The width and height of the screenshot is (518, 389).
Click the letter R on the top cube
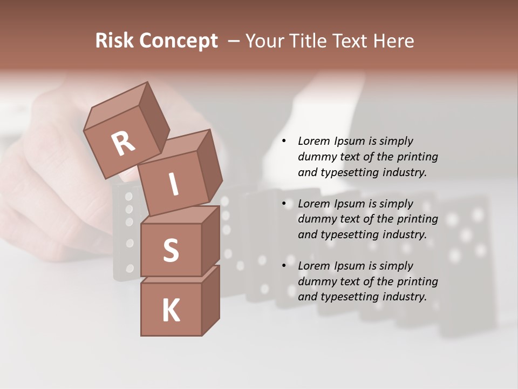click(x=123, y=144)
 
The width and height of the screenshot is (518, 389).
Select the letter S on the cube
click(x=171, y=250)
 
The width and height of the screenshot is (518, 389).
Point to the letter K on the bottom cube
click(x=171, y=311)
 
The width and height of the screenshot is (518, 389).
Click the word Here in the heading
click(x=394, y=41)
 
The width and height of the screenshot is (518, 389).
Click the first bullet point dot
click(x=284, y=142)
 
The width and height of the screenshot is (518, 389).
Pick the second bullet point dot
click(x=284, y=204)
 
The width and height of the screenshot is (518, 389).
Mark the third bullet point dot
click(x=284, y=266)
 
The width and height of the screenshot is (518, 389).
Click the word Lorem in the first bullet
click(x=314, y=141)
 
